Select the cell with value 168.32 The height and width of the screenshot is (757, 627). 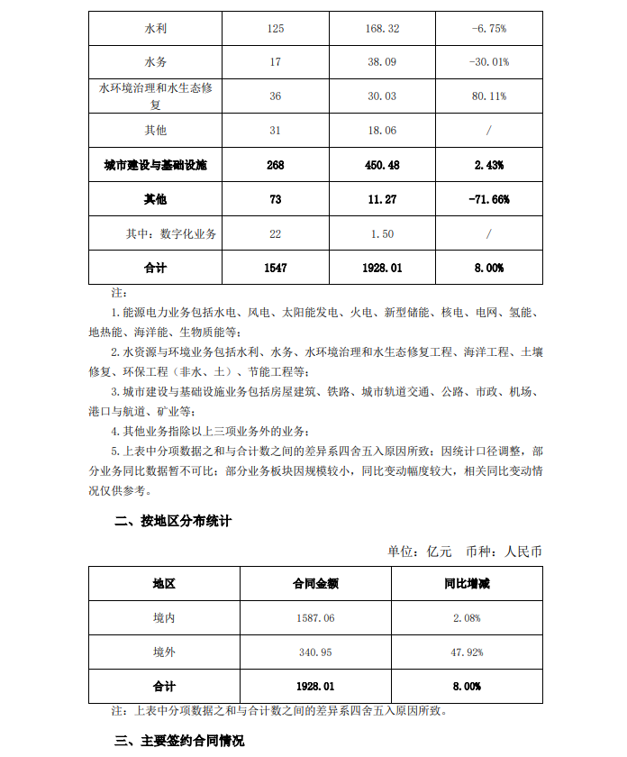pos(382,29)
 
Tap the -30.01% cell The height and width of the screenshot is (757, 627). pos(489,62)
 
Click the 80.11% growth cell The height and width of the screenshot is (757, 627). pos(489,96)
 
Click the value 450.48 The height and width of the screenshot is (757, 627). pos(382,166)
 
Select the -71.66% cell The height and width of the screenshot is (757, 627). pos(489,199)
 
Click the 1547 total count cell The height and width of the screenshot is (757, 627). pos(275,268)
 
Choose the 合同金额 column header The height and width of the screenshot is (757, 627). pos(315,583)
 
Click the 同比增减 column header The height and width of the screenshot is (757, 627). pos(467,583)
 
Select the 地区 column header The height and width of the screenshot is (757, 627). pos(164,583)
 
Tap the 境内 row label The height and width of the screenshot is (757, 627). pos(164,617)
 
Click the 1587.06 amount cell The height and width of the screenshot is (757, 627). pos(315,617)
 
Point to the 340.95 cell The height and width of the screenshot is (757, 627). pos(315,652)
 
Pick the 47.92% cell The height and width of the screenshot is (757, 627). pos(467,652)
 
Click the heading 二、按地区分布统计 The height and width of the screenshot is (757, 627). pos(173,521)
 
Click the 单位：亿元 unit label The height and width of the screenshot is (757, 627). pos(420,552)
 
